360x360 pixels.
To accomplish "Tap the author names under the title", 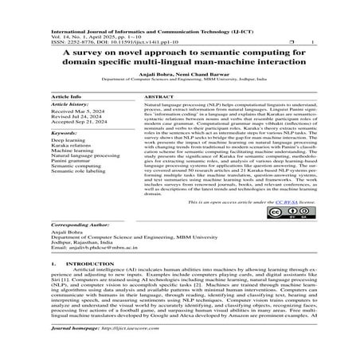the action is [x=180, y=73].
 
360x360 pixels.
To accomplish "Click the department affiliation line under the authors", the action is [x=180, y=80].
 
